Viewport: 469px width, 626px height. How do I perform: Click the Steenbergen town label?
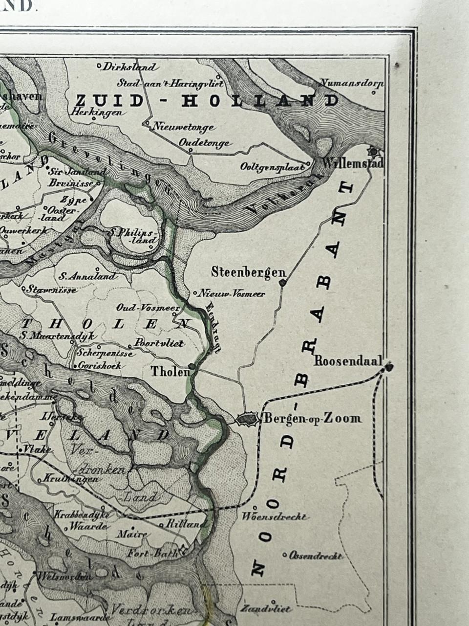pyautogui.click(x=248, y=272)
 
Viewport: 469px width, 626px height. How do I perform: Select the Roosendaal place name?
pyautogui.click(x=348, y=361)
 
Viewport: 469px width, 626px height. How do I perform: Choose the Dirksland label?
pyautogui.click(x=130, y=67)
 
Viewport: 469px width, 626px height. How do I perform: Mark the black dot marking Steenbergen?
pyautogui.click(x=282, y=283)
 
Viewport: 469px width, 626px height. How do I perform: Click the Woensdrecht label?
pyautogui.click(x=275, y=516)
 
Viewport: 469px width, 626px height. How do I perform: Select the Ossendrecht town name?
pyautogui.click(x=316, y=556)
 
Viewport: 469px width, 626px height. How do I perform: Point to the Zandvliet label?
pyautogui.click(x=266, y=609)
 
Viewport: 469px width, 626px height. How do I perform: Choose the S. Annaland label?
pyautogui.click(x=88, y=276)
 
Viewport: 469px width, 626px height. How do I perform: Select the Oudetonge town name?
pyautogui.click(x=205, y=143)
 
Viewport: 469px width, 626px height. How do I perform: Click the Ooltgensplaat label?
pyautogui.click(x=273, y=167)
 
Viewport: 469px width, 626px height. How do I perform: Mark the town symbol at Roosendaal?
pyautogui.click(x=389, y=367)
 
